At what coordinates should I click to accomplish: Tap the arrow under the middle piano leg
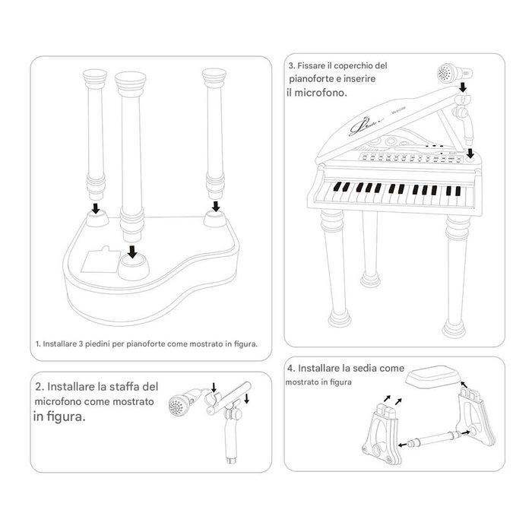pos(134,251)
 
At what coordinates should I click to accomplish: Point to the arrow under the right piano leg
pos(215,205)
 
